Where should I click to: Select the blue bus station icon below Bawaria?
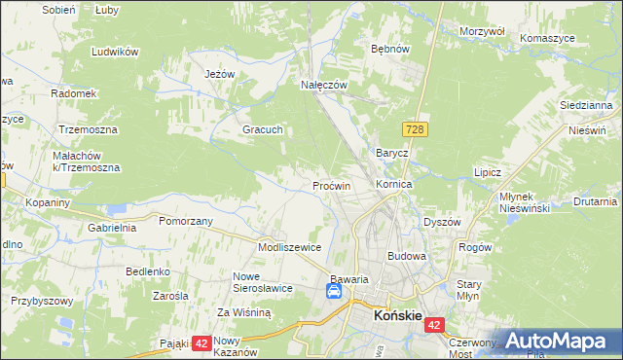tap(334, 291)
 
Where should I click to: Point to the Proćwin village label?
tap(331, 185)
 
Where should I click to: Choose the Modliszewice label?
tap(289, 247)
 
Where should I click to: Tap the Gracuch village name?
tap(262, 129)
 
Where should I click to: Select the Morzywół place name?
tap(481, 31)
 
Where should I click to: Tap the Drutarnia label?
tap(595, 201)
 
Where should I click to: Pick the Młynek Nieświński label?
tap(525, 201)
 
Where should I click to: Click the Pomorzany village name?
tap(185, 222)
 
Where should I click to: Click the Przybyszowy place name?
tap(42, 301)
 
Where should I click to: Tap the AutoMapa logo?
tap(556, 341)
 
